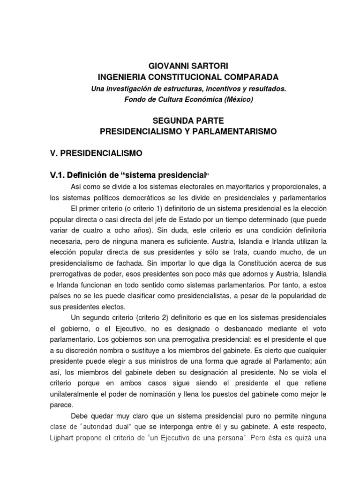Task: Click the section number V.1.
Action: pyautogui.click(x=59, y=176)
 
